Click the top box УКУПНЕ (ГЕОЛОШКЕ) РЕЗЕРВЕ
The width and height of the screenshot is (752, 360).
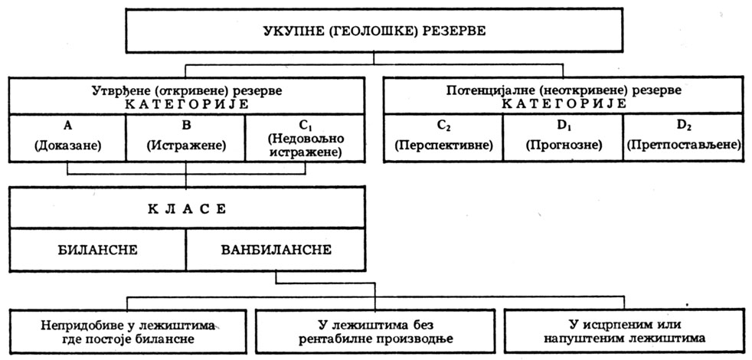tap(374, 31)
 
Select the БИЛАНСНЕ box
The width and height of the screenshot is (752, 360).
tap(97, 250)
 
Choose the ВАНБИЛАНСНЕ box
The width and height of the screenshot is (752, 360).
tap(276, 250)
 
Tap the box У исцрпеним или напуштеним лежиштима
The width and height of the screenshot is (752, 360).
tap(625, 330)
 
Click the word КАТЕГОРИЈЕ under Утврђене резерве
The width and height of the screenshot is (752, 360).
tap(186, 103)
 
